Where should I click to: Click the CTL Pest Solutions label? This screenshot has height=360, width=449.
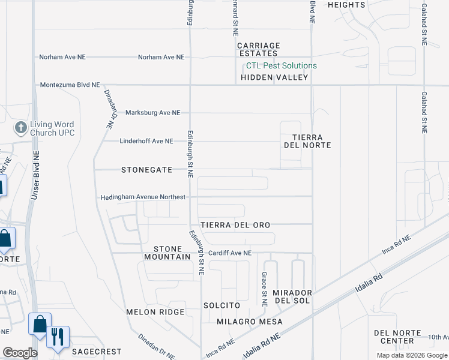click(x=281, y=66)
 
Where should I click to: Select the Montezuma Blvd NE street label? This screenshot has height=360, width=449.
click(x=70, y=85)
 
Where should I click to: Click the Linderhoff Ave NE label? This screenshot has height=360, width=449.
click(x=146, y=141)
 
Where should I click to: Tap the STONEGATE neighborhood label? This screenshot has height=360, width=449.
click(x=147, y=170)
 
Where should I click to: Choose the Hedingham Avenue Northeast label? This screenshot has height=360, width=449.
click(x=143, y=197)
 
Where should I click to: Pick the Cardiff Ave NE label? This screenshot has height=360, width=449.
click(x=229, y=253)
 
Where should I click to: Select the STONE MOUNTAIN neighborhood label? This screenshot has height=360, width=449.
click(x=167, y=253)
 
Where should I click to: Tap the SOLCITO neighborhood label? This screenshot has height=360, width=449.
click(x=221, y=305)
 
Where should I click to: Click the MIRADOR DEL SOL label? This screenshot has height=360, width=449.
click(x=292, y=296)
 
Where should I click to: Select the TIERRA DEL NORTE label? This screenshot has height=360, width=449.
click(x=312, y=141)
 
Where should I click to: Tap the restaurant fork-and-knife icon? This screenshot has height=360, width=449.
click(x=58, y=336)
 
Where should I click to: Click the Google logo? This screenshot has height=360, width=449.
click(x=20, y=353)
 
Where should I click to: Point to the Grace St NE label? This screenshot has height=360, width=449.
click(x=264, y=289)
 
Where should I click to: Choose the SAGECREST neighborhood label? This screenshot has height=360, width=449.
click(x=96, y=352)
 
